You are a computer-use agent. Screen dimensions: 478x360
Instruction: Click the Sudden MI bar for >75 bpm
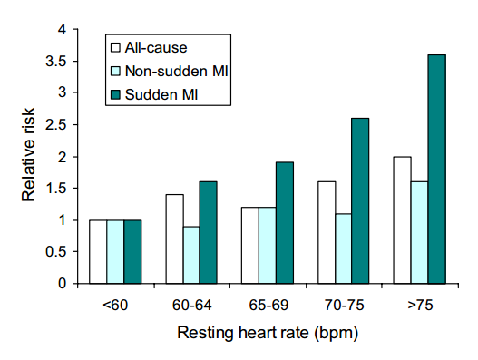(437, 170)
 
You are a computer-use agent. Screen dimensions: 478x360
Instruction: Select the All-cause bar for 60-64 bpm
(175, 239)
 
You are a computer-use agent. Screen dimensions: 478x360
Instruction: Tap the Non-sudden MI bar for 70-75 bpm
(343, 248)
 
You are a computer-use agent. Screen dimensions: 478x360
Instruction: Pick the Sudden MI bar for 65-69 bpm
(285, 223)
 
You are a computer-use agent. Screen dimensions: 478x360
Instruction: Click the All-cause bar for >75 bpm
(402, 220)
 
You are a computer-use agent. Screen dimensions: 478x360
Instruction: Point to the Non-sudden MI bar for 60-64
(191, 255)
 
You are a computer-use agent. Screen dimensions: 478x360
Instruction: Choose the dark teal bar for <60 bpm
(132, 252)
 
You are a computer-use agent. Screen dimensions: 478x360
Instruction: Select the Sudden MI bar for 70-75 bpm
(360, 201)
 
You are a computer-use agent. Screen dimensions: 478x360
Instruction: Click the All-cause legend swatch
(115, 47)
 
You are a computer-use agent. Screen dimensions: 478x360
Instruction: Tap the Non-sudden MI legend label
(177, 71)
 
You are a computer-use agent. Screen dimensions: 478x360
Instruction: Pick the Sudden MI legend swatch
(115, 94)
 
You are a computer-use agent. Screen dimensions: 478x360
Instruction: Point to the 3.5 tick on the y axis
(75, 61)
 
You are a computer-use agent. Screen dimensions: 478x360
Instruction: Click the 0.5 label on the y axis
(56, 252)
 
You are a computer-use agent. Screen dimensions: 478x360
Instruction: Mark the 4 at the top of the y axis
(62, 30)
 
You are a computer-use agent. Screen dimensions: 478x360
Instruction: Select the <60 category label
(115, 305)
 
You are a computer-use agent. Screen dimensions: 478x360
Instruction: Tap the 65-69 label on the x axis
(268, 305)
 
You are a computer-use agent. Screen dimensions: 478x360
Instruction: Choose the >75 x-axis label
(420, 305)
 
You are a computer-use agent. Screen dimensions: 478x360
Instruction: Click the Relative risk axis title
(28, 154)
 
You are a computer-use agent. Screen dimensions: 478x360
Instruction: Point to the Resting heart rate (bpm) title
(268, 333)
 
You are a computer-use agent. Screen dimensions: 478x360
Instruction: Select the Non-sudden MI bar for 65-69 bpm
(268, 246)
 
